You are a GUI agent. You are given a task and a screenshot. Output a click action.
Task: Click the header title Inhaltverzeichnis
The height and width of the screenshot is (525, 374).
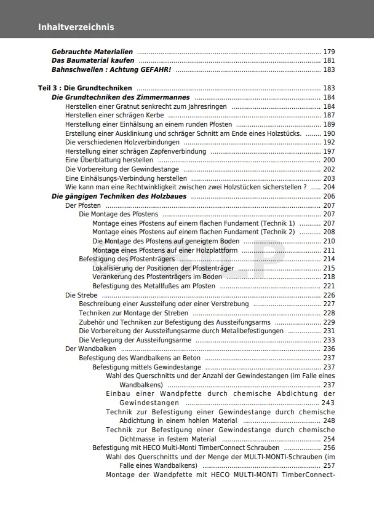click(x=76, y=27)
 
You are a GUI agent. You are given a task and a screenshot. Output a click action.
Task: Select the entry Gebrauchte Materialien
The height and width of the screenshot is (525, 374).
click(x=92, y=52)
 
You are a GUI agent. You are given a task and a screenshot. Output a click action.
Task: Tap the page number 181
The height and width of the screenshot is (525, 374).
click(x=329, y=61)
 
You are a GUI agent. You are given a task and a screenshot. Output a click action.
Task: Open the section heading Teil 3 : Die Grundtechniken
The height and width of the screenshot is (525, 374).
click(x=85, y=88)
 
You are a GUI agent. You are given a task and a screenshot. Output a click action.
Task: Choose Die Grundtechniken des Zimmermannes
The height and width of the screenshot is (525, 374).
click(x=121, y=97)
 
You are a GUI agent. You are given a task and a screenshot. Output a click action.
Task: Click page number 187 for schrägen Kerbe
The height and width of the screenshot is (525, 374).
click(x=329, y=115)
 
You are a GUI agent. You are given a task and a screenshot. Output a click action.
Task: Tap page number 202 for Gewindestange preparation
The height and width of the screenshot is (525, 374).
click(x=329, y=169)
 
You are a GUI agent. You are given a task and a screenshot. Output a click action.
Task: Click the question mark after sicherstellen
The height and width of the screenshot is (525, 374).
click(x=305, y=187)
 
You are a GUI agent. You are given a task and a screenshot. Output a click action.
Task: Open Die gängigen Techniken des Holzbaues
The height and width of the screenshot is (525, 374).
click(x=119, y=197)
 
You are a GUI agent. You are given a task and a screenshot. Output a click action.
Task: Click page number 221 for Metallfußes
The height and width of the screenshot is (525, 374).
click(x=329, y=286)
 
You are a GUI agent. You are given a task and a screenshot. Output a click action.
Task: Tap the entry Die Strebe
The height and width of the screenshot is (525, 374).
click(x=78, y=295)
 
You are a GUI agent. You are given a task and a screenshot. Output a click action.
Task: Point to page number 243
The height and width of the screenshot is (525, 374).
click(x=328, y=403)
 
